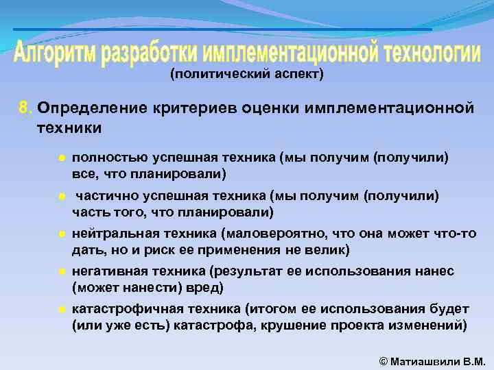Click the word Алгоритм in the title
[x=56, y=53]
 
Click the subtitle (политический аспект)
[x=246, y=74]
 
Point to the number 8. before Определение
[x=25, y=108]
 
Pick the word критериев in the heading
[x=181, y=108]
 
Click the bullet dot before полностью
[x=61, y=158]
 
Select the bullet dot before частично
[x=61, y=197]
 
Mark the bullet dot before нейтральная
[x=61, y=234]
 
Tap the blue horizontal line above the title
[x=223, y=29]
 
